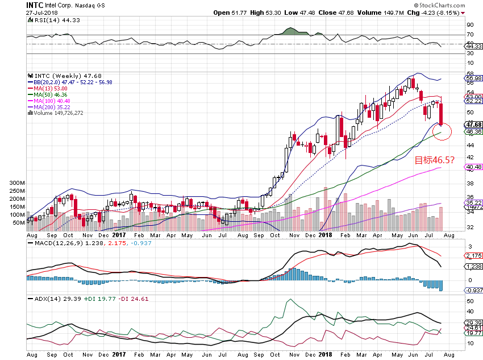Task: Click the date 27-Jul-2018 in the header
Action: [43, 12]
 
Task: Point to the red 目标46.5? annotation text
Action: [434, 160]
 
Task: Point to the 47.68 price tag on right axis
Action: [473, 125]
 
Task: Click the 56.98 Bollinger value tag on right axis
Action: [473, 78]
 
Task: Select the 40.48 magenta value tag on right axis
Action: [473, 167]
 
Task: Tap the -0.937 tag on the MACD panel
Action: [473, 290]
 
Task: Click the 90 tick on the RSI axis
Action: [470, 25]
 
